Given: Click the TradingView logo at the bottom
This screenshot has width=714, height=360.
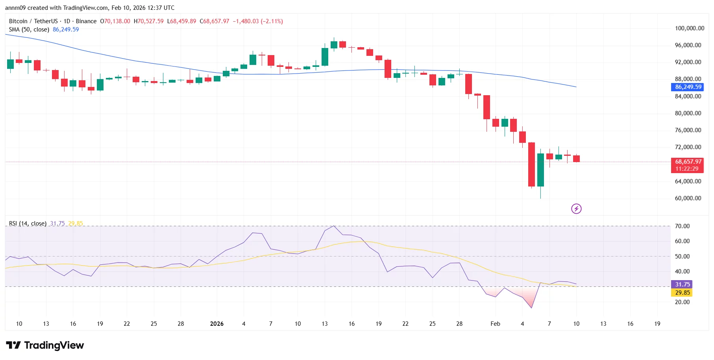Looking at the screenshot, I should [45, 345].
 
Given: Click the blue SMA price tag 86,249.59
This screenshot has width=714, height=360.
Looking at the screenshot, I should [688, 87].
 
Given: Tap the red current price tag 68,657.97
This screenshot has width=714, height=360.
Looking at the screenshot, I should [688, 162].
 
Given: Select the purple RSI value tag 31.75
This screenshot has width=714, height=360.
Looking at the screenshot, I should [682, 284].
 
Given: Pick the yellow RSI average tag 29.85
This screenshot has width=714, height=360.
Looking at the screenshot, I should [682, 293].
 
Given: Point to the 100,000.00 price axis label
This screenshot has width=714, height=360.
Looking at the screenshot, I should [689, 28].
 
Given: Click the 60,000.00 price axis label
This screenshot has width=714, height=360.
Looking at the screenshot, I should [688, 198].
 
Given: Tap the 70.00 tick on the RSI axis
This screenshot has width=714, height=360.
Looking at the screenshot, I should [682, 226].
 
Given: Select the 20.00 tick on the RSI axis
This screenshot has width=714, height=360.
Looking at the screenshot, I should [682, 302].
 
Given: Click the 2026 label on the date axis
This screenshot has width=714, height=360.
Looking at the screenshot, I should [217, 324].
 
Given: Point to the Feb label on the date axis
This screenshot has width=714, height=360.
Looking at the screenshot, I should [495, 324].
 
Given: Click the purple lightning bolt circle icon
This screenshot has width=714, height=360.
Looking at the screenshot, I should [576, 209].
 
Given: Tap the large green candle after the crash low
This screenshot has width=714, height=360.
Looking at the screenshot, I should [540, 170].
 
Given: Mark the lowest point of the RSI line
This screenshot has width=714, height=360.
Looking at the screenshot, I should [531, 308].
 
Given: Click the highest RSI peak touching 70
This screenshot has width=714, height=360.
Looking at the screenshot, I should [334, 226].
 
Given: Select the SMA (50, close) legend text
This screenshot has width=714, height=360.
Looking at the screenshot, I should [29, 30].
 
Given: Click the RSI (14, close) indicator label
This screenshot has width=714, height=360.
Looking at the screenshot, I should [28, 223].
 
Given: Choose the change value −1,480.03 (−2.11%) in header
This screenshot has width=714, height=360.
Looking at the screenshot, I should [257, 21].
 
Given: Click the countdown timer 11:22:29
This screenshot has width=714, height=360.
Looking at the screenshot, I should [687, 169].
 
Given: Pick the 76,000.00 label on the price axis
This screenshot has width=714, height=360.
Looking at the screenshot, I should [688, 130].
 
